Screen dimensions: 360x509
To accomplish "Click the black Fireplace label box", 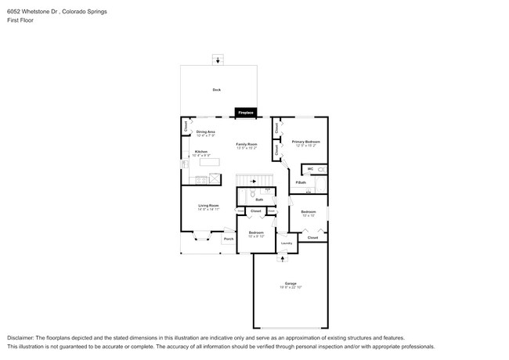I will pyautogui.click(x=246, y=113).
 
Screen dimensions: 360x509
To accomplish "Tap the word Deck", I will pyautogui.click(x=217, y=90).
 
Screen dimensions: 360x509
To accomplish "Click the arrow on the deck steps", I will pyautogui.click(x=218, y=60).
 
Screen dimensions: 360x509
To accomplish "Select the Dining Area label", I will pyautogui.click(x=206, y=131).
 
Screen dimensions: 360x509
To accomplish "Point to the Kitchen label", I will pyautogui.click(x=201, y=152).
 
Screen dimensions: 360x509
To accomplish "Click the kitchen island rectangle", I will pyautogui.click(x=209, y=162).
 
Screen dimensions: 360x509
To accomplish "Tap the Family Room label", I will pyautogui.click(x=247, y=144).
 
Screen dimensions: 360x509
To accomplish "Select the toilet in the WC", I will pyautogui.click(x=321, y=170).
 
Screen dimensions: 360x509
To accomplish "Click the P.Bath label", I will pyautogui.click(x=301, y=182).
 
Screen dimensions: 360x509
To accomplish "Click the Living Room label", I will pyautogui.click(x=208, y=206).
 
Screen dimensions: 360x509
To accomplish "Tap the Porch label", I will pyautogui.click(x=229, y=239).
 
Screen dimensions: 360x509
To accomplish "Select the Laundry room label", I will pyautogui.click(x=287, y=243).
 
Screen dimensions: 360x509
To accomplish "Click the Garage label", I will pyautogui.click(x=291, y=283).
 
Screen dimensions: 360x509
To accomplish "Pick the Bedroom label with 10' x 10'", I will pyautogui.click(x=309, y=211).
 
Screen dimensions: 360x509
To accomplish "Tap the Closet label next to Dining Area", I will pyautogui.click(x=186, y=125).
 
